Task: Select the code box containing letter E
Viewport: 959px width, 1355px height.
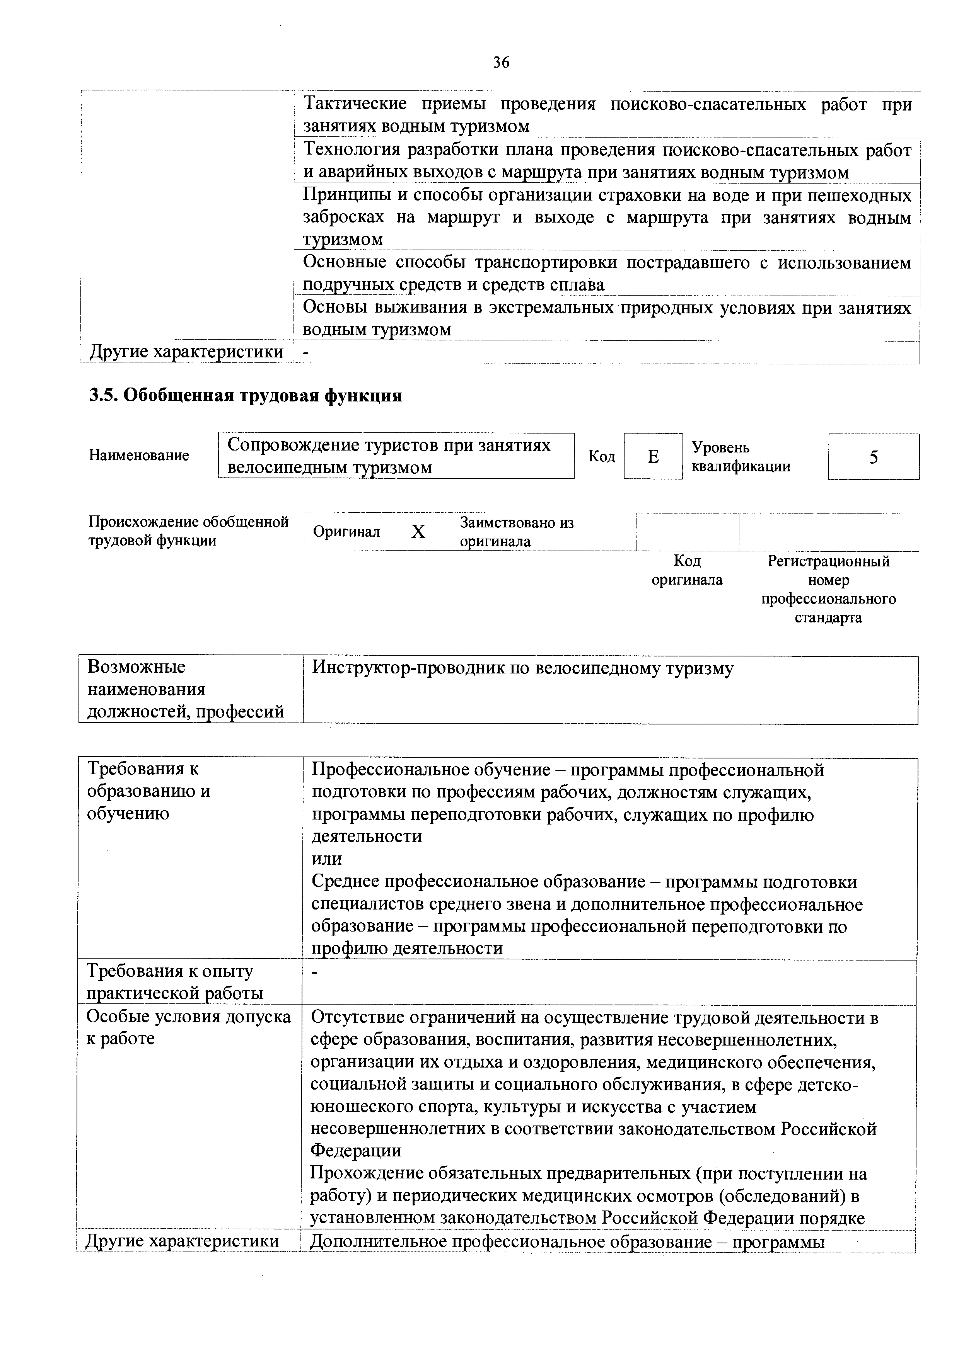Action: tap(652, 456)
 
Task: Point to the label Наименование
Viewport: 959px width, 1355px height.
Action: tap(139, 456)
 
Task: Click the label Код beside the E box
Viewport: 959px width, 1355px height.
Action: tap(602, 457)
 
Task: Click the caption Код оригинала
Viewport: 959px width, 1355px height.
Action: tap(687, 570)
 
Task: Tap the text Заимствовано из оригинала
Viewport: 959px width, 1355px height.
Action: tap(517, 532)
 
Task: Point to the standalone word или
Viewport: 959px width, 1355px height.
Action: tap(326, 859)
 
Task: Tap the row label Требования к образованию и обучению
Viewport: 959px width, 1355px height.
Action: tap(149, 791)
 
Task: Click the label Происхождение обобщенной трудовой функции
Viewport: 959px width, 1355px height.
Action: tap(188, 531)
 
